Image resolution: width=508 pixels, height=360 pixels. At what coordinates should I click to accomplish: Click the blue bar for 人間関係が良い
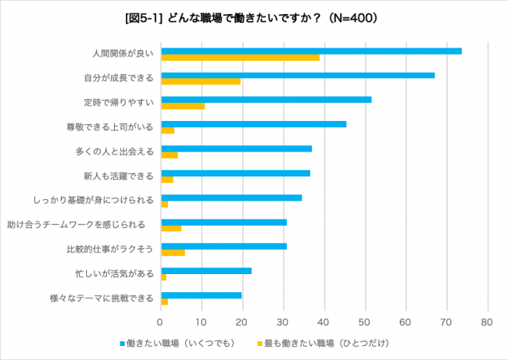point(311,51)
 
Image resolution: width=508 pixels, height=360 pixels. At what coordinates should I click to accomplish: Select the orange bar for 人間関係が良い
point(240,58)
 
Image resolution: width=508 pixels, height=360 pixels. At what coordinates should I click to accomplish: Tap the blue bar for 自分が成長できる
point(298,75)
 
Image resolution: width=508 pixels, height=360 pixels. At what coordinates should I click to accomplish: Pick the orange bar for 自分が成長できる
point(200,81)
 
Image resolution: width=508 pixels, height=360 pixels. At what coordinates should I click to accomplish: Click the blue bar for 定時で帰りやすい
point(266,99)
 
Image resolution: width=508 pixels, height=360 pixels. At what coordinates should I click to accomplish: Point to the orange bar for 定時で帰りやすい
point(182,105)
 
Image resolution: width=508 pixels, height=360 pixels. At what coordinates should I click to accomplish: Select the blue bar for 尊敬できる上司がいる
point(253,123)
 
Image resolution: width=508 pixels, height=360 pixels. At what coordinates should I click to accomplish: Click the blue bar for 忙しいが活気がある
point(206,270)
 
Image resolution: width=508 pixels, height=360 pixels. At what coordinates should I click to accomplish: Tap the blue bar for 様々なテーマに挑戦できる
point(201,295)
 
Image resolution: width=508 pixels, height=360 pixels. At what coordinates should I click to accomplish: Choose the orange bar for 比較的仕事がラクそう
point(173,253)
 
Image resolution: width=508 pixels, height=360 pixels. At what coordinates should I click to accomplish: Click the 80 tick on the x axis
point(487,322)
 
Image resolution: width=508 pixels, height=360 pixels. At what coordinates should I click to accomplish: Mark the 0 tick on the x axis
point(160,322)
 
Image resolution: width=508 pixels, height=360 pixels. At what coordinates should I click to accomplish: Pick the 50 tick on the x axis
point(364,322)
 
